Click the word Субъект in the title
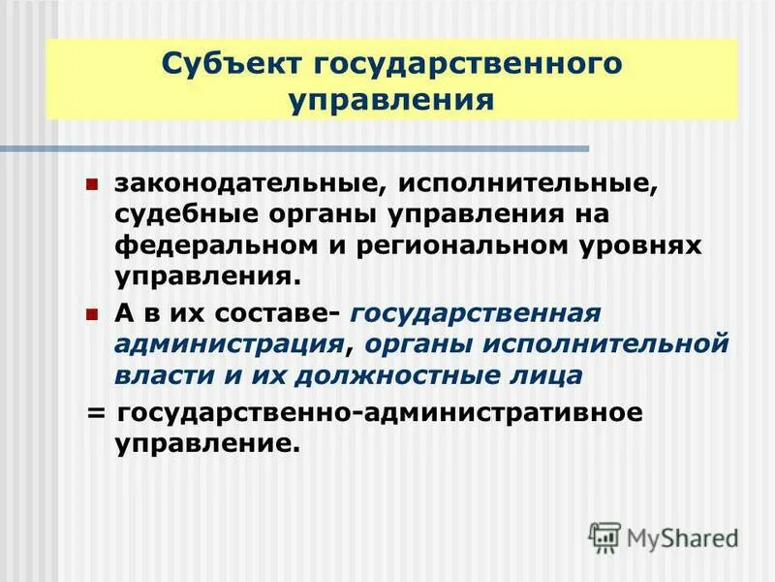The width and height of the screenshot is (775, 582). point(224,66)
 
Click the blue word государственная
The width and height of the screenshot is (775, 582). point(476,314)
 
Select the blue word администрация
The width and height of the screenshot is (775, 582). point(230,344)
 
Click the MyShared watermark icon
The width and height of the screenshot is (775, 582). point(605,536)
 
